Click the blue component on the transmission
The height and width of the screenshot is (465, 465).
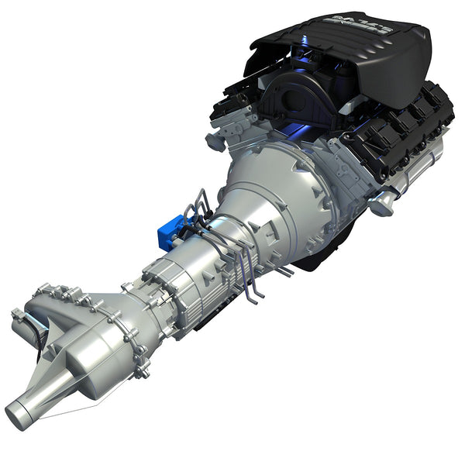(x=167, y=231)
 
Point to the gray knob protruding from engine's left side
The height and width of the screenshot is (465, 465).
(x=216, y=141)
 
